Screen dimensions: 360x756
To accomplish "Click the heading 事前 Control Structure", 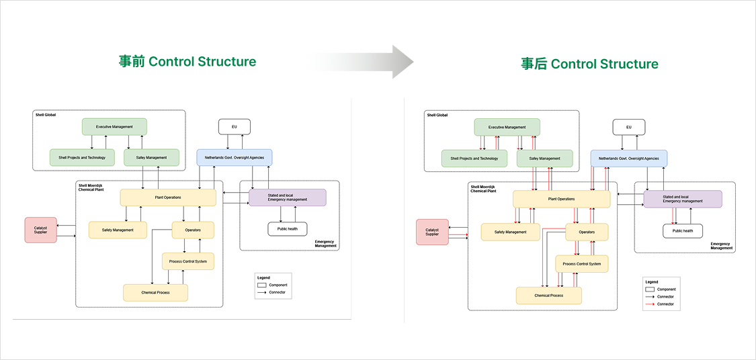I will [x=187, y=62].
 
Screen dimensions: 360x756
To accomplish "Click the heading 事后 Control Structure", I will [x=589, y=64].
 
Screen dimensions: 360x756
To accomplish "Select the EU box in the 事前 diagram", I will [x=234, y=127].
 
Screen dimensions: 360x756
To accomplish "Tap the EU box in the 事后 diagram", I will [x=628, y=127].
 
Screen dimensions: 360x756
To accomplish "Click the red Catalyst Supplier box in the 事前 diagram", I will [x=40, y=230].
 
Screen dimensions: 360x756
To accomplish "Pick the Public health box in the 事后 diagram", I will [x=683, y=231].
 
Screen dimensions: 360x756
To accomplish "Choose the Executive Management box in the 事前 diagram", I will [x=114, y=126].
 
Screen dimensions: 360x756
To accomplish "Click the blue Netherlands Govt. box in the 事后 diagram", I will [x=628, y=159].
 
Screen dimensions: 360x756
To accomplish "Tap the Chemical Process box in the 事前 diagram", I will [x=155, y=293].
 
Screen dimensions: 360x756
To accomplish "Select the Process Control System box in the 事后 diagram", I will [x=582, y=264].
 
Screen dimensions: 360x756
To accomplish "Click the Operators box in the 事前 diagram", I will [x=193, y=230].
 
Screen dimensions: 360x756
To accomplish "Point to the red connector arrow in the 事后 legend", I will [x=650, y=304].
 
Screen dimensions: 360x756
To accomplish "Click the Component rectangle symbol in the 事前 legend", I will [x=262, y=285].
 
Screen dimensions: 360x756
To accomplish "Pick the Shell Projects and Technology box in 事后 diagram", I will [x=474, y=159].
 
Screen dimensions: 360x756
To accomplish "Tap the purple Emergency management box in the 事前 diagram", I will [x=287, y=198].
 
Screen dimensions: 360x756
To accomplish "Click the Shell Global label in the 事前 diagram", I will [x=46, y=115].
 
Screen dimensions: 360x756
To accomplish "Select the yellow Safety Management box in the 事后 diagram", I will [x=511, y=232].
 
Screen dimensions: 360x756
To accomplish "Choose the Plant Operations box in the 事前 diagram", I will [x=168, y=197].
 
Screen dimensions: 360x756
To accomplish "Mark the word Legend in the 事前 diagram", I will [x=263, y=277].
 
